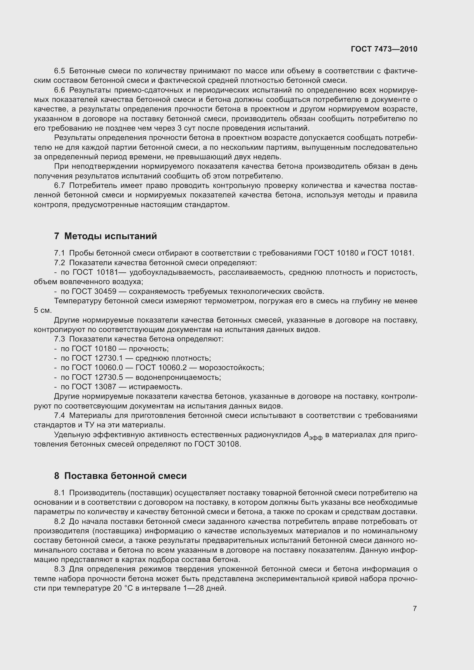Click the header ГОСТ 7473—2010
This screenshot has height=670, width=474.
pos(384,49)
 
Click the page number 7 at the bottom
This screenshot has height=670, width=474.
pos(415,608)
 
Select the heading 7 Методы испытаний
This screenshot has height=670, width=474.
pos(106,236)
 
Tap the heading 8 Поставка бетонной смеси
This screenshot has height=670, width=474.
pos(120,476)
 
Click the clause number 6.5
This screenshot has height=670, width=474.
pos(60,71)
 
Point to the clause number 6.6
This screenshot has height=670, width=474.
pos(60,90)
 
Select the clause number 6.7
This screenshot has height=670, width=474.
pos(60,185)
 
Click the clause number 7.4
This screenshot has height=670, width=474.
pos(60,415)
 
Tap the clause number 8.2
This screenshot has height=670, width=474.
pos(60,521)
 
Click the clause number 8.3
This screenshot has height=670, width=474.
pos(60,569)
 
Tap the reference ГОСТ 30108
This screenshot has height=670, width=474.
pos(218,444)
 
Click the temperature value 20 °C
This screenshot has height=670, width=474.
pos(122,588)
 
